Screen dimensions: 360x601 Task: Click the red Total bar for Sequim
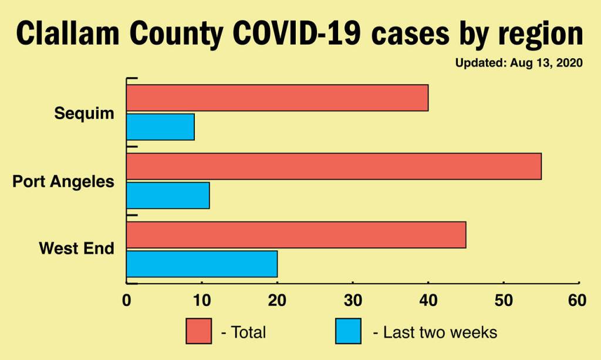tap(277, 98)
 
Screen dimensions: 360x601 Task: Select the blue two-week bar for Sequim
tap(160, 127)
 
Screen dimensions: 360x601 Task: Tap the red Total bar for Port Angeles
tap(333, 166)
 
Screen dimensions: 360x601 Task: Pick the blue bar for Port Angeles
tap(168, 195)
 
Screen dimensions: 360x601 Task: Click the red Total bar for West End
tap(296, 235)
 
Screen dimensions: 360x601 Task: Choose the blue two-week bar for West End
tap(202, 264)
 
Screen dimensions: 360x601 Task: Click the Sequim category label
tap(84, 113)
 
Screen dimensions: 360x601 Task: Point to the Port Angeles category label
tap(63, 181)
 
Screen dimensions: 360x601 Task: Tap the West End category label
tap(76, 249)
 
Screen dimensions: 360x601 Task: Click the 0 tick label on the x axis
tap(127, 301)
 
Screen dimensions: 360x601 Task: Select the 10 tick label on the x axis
tap(202, 301)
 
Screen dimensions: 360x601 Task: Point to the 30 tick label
tap(353, 301)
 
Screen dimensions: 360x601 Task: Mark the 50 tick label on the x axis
tap(504, 301)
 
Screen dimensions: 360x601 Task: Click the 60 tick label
tap(578, 301)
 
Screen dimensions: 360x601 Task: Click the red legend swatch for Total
tap(198, 332)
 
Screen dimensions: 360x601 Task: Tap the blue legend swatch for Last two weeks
tap(348, 332)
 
